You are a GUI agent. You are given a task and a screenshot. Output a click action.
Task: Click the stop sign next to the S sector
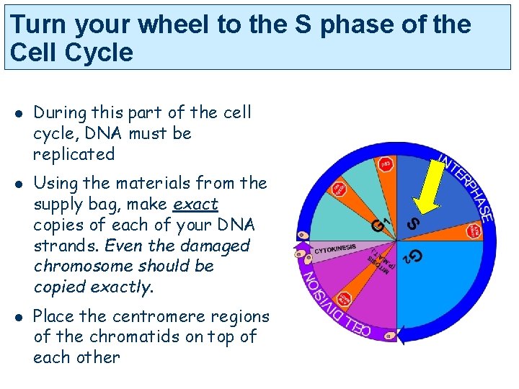pos(474,231)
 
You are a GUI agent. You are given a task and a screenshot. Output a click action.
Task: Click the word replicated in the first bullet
pos(74,154)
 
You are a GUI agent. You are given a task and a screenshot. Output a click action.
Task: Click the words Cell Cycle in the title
pos(72,53)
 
